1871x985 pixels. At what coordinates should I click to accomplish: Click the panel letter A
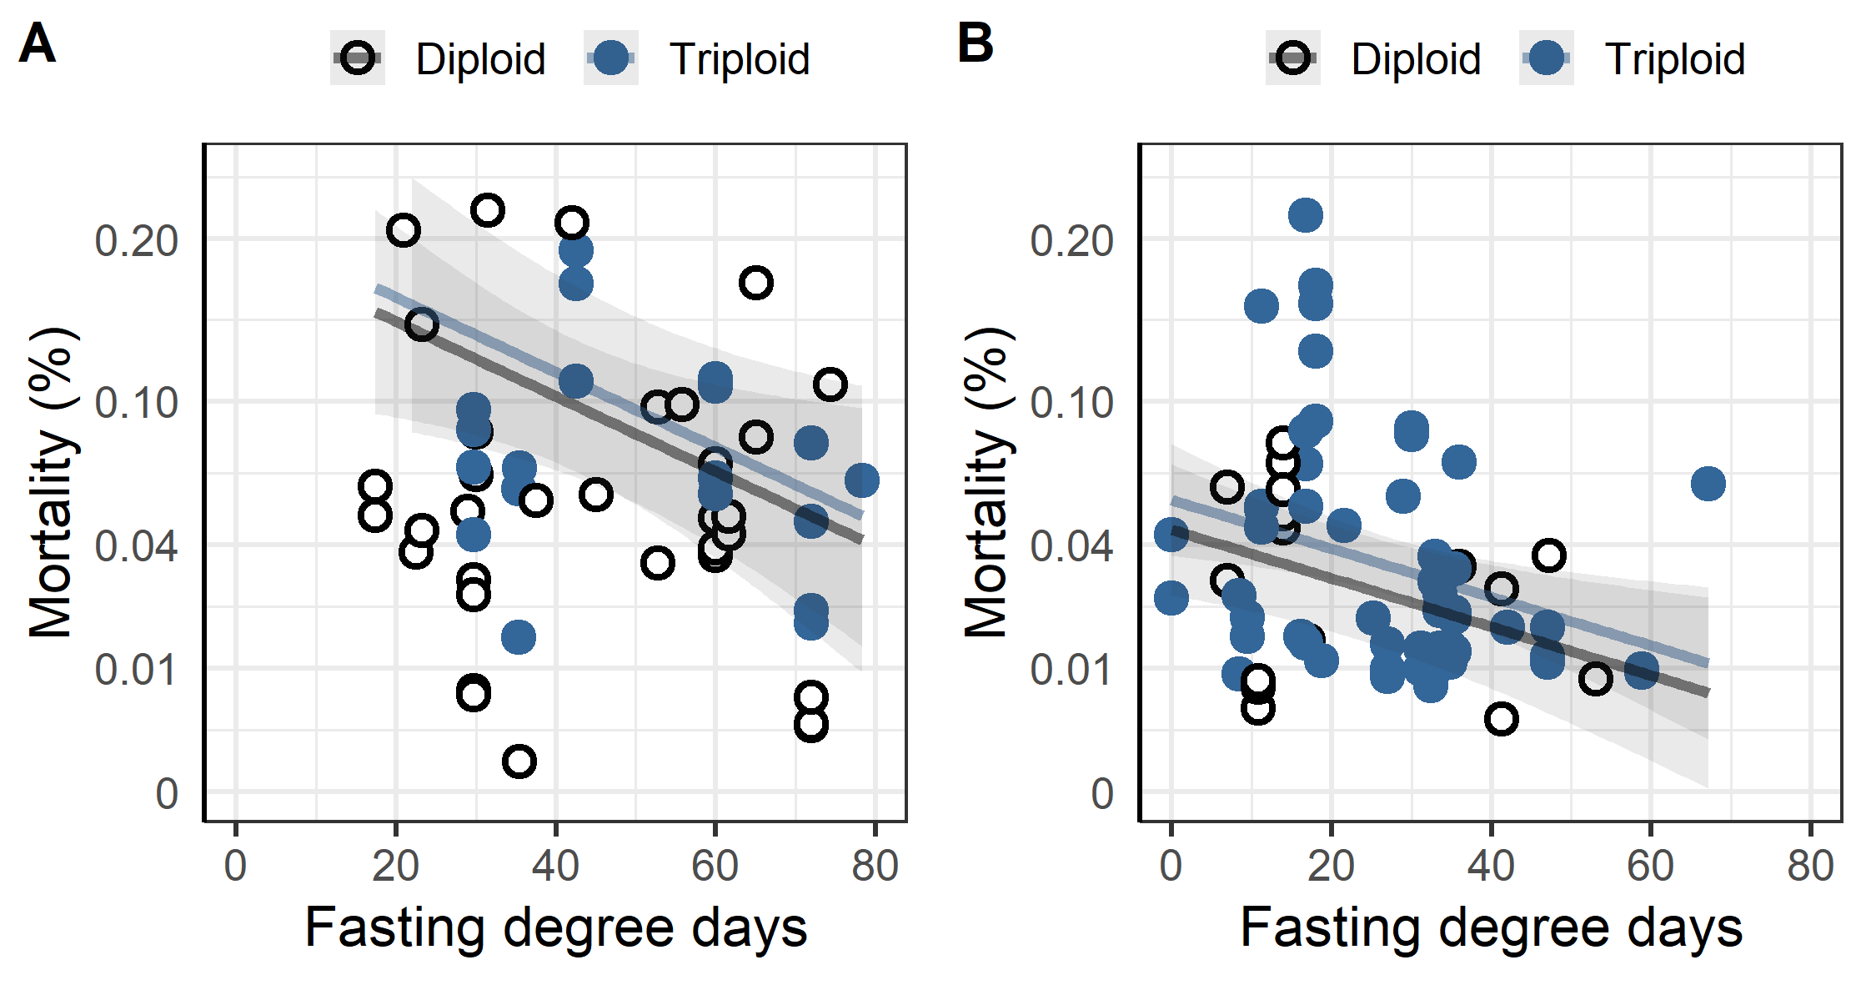(37, 43)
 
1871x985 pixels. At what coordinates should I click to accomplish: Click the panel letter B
(975, 43)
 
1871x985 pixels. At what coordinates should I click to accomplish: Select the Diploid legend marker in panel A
(358, 58)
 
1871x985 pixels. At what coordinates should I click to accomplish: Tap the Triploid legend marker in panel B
(1547, 58)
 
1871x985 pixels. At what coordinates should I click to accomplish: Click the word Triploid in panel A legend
(739, 59)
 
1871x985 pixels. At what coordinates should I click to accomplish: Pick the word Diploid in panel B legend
(1415, 59)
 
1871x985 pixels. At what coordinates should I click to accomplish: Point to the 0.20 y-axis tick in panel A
(136, 241)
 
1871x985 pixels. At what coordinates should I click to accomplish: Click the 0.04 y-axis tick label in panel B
(1071, 546)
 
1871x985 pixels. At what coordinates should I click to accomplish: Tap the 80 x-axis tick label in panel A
(875, 866)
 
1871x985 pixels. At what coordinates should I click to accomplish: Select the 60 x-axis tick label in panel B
(1650, 866)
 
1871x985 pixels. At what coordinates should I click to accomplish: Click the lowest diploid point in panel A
(519, 761)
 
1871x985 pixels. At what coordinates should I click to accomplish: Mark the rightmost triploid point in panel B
(1708, 484)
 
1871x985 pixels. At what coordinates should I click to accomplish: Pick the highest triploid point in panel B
(1305, 215)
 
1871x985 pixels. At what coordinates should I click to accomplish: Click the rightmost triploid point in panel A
(861, 480)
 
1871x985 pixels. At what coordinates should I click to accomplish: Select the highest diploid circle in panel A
(487, 210)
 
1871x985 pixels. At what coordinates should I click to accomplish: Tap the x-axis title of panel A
(555, 927)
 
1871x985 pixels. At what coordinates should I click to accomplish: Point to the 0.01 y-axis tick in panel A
(136, 670)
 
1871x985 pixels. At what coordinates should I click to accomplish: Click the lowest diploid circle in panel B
(1501, 719)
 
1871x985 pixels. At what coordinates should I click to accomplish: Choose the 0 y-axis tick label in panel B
(1101, 794)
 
